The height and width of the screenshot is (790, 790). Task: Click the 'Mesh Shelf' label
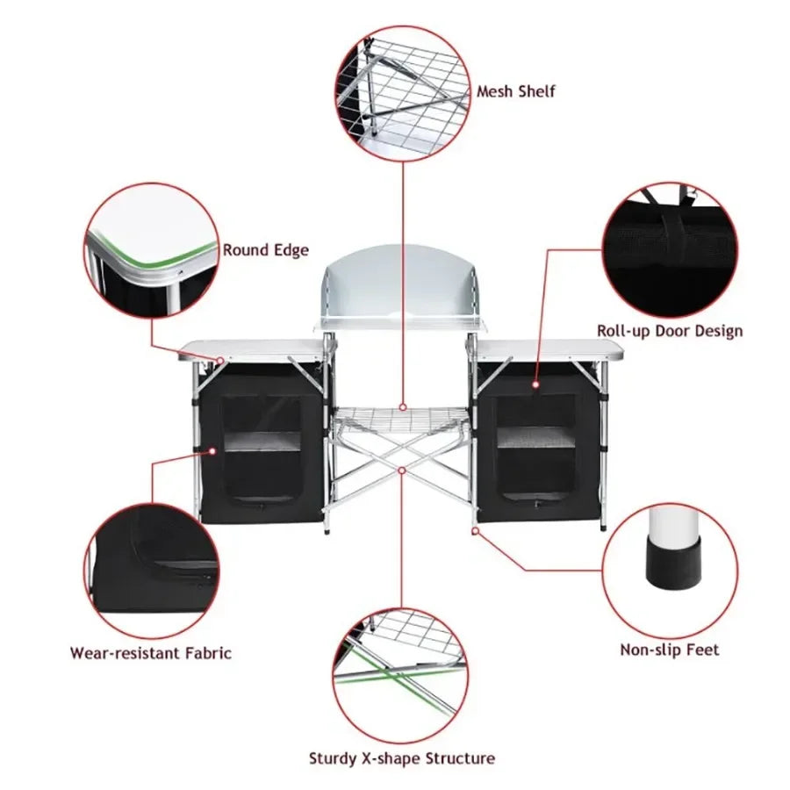pos(516,91)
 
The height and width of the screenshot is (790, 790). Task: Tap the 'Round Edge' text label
pos(265,250)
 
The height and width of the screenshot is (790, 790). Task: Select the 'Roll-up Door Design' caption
pos(670,331)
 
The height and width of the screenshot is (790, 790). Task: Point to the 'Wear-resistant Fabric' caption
pos(151,653)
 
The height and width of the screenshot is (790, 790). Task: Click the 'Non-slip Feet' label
pos(670,650)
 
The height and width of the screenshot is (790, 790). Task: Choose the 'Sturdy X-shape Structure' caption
pos(401,758)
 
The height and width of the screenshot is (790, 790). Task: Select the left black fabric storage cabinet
pos(262,443)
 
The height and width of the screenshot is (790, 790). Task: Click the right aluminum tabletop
pos(549,349)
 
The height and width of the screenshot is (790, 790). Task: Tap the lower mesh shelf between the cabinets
pos(401,419)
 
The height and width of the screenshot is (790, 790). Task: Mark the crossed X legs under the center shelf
pos(401,470)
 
